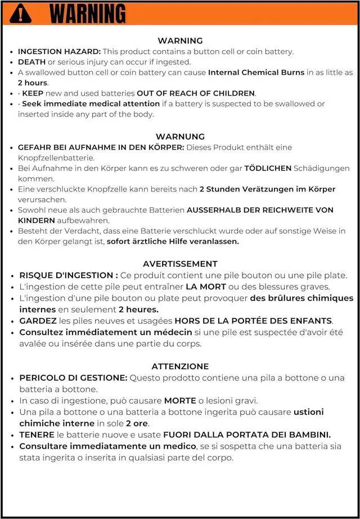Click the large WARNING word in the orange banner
click(88, 13)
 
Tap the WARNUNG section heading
click(180, 137)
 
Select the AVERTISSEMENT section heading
click(180, 263)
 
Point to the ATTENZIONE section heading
click(180, 366)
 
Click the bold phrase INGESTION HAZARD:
click(51, 51)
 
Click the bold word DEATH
click(31, 62)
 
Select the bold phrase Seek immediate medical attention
click(91, 104)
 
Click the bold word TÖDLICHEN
click(267, 168)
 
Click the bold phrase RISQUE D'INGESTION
click(66, 275)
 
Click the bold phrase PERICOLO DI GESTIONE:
click(74, 378)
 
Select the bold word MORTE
click(179, 401)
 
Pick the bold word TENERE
click(37, 435)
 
